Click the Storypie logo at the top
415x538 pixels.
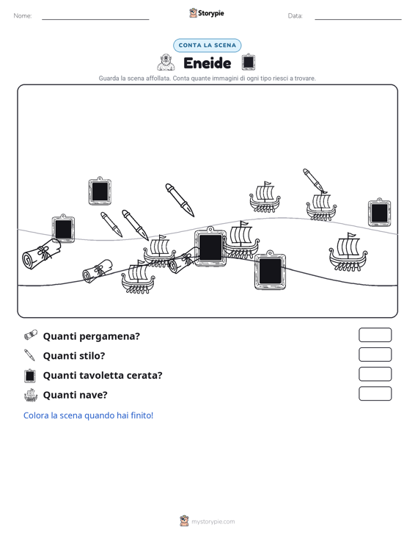click(207, 13)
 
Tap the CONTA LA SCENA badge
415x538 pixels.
click(207, 46)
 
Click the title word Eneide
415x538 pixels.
click(207, 63)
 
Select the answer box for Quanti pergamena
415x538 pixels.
click(375, 335)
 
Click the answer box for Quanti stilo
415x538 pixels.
click(375, 355)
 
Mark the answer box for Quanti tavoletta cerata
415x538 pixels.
click(375, 374)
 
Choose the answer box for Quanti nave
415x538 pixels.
click(375, 393)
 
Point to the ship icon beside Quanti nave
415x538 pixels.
click(31, 396)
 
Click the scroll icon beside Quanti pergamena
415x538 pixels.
click(31, 335)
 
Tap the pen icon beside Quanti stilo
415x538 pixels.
click(30, 355)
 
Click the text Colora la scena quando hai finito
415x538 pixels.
click(88, 415)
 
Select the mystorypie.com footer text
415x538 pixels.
click(213, 522)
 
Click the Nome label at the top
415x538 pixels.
click(23, 16)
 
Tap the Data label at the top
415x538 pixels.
click(295, 16)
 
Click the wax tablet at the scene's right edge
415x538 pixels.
click(379, 212)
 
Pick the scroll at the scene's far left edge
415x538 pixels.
click(41, 254)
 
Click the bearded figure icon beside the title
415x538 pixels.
click(166, 62)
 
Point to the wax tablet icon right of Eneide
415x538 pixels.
click(248, 62)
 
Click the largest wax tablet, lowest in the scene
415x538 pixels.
click(270, 270)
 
